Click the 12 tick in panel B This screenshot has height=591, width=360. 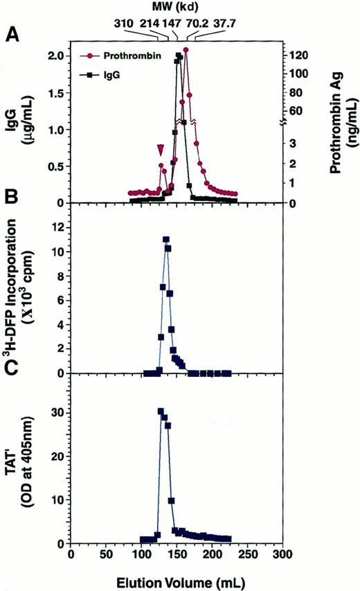[x=59, y=225]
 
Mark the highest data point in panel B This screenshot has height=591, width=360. [x=166, y=240]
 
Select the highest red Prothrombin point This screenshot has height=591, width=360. [x=186, y=50]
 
